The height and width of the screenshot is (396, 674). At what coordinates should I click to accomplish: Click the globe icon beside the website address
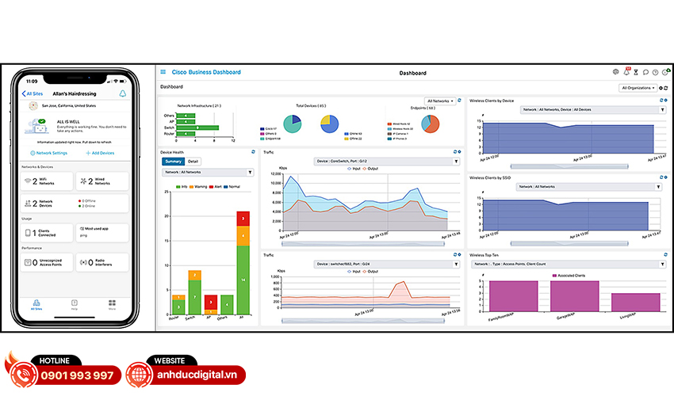[139, 372]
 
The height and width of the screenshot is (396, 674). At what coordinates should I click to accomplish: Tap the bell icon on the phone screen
[123, 93]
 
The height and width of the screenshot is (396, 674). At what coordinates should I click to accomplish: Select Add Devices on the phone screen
[100, 153]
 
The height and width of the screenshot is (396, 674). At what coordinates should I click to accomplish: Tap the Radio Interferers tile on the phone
[102, 262]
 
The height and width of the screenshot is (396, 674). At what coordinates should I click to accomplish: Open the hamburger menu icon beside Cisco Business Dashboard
[163, 72]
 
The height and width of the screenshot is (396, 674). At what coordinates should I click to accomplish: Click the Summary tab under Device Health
[173, 161]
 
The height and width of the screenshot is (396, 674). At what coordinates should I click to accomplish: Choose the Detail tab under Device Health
[193, 161]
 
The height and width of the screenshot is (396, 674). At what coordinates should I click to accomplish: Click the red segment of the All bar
[243, 218]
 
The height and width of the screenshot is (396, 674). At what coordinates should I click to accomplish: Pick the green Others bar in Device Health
[227, 305]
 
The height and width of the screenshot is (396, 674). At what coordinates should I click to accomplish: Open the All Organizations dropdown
[638, 88]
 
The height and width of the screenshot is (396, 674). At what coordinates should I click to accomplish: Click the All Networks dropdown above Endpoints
[442, 101]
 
